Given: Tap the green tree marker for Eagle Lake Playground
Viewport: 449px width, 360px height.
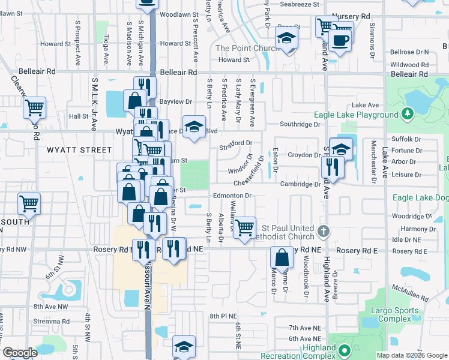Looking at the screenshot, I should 408,113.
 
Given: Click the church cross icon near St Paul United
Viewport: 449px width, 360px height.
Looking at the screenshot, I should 323,231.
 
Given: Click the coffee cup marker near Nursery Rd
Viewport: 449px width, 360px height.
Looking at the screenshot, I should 340,41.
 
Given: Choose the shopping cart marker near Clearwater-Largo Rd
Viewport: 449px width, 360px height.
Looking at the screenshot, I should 34,108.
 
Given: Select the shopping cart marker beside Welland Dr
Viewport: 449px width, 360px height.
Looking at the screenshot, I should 244,228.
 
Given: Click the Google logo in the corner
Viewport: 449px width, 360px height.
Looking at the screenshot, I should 20,353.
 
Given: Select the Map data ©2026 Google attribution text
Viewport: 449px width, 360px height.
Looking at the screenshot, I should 411,355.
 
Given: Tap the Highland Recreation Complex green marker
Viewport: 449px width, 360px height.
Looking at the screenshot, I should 344,350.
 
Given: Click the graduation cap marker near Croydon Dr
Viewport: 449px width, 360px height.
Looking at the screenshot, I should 341,150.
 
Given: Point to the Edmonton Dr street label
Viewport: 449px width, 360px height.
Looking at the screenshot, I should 231,195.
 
